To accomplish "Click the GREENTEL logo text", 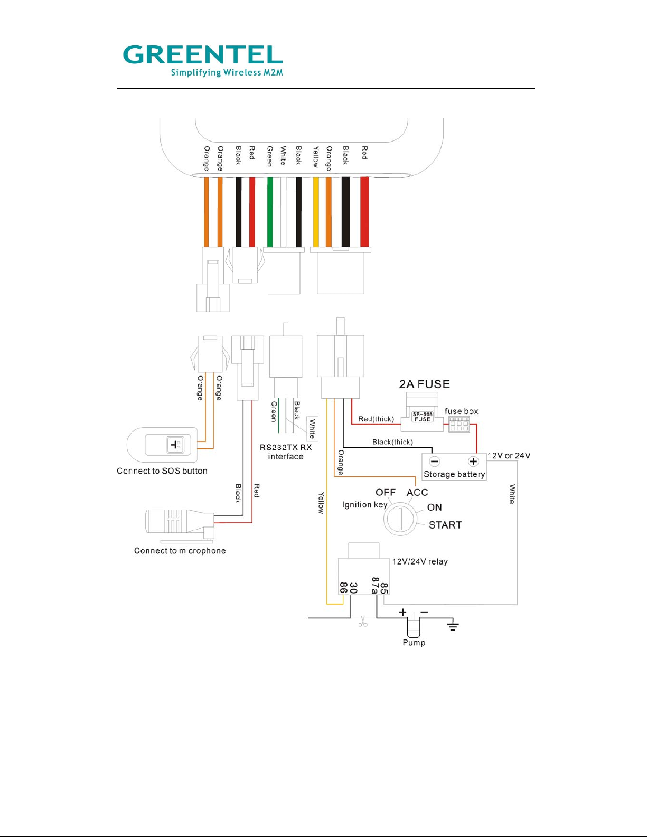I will (x=203, y=54).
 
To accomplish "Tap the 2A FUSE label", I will (x=424, y=384).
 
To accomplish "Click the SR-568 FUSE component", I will (x=422, y=417).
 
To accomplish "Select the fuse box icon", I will (x=459, y=424).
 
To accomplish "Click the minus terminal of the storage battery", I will (x=434, y=462).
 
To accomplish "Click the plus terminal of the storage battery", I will (x=473, y=462).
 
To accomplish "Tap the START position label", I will (x=445, y=525).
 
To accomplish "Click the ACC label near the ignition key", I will (x=417, y=493).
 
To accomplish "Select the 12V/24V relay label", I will (x=419, y=562).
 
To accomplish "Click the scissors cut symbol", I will (x=363, y=623).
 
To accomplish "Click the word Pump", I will (x=414, y=643).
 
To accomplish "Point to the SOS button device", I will (x=163, y=445).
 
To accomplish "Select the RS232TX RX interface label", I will (x=286, y=452).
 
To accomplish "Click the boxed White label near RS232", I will (x=312, y=429).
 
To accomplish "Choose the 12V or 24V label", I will (x=509, y=456).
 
